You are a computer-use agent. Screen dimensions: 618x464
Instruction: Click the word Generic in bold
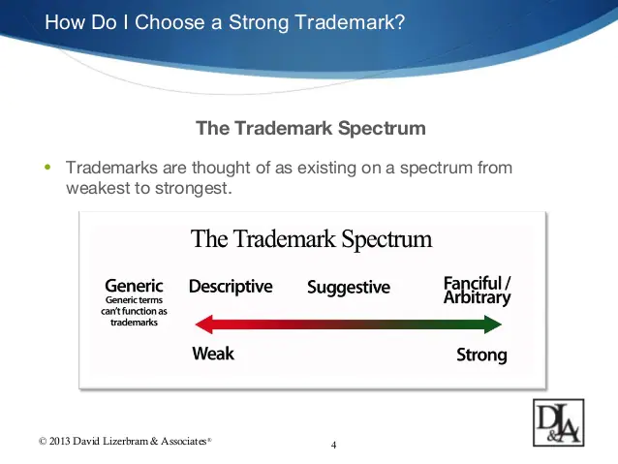(x=134, y=286)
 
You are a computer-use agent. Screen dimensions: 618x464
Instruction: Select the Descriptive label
(x=231, y=287)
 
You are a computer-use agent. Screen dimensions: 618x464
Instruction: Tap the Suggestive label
(x=349, y=288)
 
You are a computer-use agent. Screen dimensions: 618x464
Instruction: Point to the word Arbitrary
(x=477, y=298)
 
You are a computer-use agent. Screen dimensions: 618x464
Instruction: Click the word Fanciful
(x=473, y=283)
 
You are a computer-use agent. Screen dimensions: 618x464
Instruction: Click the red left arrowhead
(x=204, y=325)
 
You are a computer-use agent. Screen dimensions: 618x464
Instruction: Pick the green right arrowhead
(x=493, y=325)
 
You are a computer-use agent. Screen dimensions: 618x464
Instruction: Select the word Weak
(x=213, y=354)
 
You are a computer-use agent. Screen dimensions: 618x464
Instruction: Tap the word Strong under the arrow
(x=481, y=356)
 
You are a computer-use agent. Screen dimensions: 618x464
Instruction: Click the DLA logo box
(x=559, y=422)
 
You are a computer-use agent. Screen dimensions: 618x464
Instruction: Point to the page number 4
(x=333, y=445)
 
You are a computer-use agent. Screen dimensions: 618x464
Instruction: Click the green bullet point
(x=47, y=168)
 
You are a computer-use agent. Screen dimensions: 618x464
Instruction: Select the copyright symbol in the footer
(x=43, y=441)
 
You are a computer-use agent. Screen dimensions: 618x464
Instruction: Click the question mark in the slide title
(x=400, y=22)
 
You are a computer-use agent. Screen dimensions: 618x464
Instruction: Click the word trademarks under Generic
(x=134, y=322)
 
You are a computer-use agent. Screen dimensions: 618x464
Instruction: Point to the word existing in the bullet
(x=322, y=169)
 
